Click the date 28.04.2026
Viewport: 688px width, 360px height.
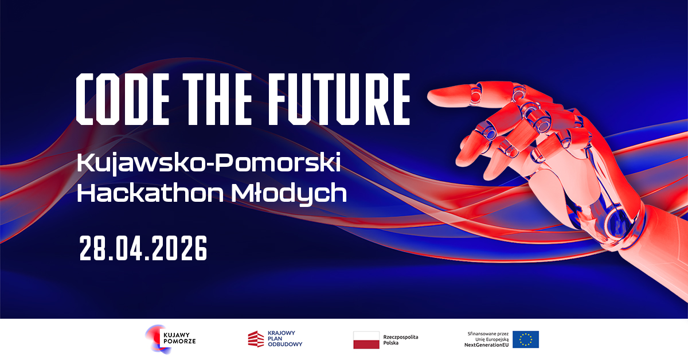tap(143, 248)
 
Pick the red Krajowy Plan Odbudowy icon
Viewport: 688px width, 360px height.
tap(256, 339)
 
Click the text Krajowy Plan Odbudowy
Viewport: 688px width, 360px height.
tap(284, 339)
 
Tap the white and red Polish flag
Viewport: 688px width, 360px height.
tap(366, 339)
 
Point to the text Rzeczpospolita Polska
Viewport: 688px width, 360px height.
tap(400, 339)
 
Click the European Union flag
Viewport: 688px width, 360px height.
tap(525, 339)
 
